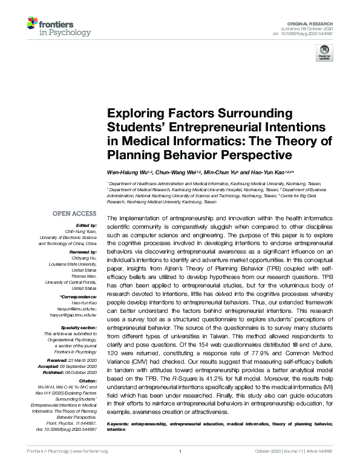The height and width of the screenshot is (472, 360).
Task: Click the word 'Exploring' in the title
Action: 131,113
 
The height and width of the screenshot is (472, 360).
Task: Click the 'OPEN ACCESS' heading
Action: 74,214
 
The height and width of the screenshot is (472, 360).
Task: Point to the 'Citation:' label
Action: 86,381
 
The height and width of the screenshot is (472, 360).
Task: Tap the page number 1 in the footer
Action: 180,468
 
